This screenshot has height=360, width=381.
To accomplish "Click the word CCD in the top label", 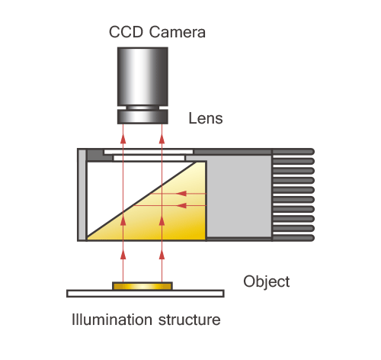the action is [126, 32].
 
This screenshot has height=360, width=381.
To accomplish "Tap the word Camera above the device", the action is [178, 32].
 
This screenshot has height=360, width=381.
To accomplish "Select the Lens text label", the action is [206, 118].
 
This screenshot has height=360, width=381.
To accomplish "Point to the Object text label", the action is [267, 282].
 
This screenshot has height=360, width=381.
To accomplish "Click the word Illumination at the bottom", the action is [112, 320].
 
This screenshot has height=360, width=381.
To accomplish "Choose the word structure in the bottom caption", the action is [189, 320].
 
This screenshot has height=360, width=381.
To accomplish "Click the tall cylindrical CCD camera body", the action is [142, 76].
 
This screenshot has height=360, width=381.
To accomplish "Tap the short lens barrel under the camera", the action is [142, 117].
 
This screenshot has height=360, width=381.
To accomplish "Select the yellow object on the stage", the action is [142, 286].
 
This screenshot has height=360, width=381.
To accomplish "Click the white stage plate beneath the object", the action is [146, 294].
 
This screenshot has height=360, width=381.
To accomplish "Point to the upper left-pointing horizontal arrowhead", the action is [181, 194].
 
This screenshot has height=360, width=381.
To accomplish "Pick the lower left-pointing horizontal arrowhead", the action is [181, 205].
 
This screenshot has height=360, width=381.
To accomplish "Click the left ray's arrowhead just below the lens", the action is [123, 139].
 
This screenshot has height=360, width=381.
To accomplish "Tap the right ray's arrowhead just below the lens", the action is [162, 139].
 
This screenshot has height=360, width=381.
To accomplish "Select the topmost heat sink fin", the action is [293, 152].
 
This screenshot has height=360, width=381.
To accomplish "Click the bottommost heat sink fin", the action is [293, 238].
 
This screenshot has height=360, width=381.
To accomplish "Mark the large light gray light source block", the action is [239, 196].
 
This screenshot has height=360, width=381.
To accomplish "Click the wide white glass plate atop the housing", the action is [149, 152].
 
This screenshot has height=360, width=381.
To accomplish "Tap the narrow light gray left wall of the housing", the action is [82, 194].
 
